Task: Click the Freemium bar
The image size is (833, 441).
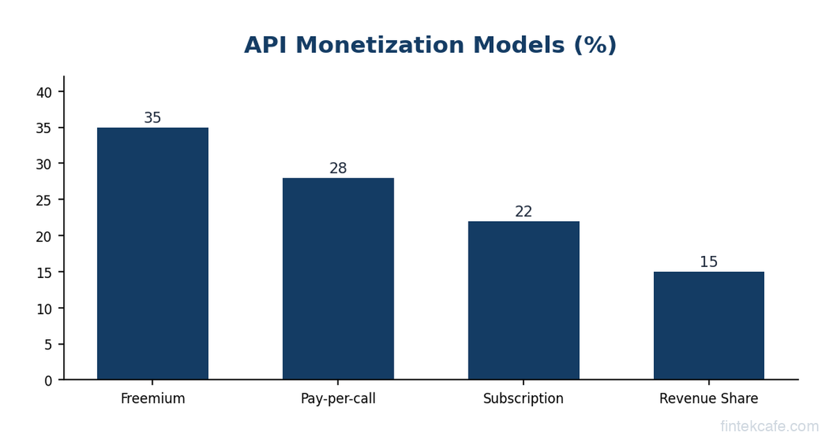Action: pyautogui.click(x=153, y=254)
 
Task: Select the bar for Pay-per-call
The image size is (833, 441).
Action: pyautogui.click(x=338, y=279)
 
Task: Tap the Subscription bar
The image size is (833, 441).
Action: pyautogui.click(x=523, y=300)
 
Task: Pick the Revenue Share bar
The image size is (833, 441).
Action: pyautogui.click(x=709, y=326)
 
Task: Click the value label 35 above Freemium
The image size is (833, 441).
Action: pyautogui.click(x=153, y=119)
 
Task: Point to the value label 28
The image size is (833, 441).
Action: pyautogui.click(x=338, y=168)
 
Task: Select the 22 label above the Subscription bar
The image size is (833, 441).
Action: pyautogui.click(x=523, y=212)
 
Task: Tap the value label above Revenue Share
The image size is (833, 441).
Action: pyautogui.click(x=709, y=263)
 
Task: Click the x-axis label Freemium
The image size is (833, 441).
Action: pyautogui.click(x=153, y=399)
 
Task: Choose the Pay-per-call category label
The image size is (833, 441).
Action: pyautogui.click(x=338, y=399)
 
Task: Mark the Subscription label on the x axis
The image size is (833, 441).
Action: pyautogui.click(x=523, y=399)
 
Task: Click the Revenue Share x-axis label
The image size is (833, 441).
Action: pyautogui.click(x=709, y=399)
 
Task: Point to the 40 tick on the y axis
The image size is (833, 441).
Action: pyautogui.click(x=44, y=92)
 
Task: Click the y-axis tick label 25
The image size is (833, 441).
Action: pyautogui.click(x=44, y=200)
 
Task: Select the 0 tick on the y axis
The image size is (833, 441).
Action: pyautogui.click(x=48, y=381)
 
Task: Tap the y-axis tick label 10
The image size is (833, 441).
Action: pyautogui.click(x=44, y=309)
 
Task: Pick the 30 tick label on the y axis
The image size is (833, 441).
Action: pyautogui.click(x=44, y=164)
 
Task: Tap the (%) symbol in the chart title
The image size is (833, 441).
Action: pyautogui.click(x=594, y=46)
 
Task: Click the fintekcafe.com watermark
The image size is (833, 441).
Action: pyautogui.click(x=769, y=426)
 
